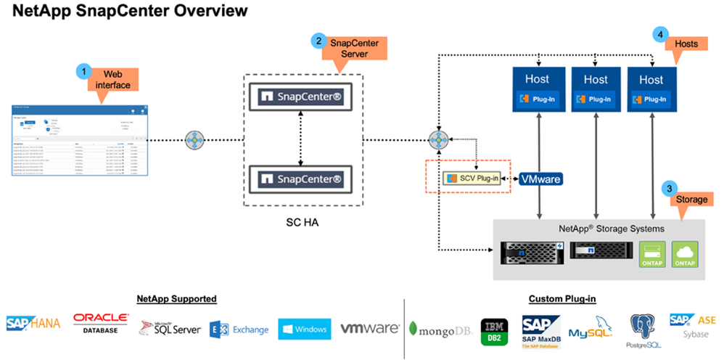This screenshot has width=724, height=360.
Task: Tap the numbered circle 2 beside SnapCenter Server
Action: pos(318,41)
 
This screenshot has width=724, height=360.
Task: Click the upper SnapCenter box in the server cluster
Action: pos(296,96)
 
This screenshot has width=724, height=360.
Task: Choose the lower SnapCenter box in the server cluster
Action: pos(296,177)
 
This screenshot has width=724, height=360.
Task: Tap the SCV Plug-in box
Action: pos(472,178)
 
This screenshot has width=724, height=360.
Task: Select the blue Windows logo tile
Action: pos(304,329)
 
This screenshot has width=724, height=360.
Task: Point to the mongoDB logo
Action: pos(440,329)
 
